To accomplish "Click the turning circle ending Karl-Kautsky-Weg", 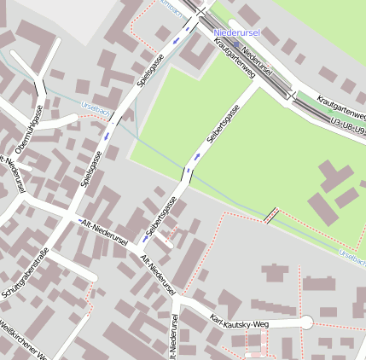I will click(x=306, y=322).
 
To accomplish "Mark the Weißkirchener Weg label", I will click(x=26, y=340).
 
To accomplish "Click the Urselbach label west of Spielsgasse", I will click(x=94, y=109).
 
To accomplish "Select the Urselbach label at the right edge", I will click(x=351, y=253).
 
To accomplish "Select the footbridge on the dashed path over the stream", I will click(x=271, y=215).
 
